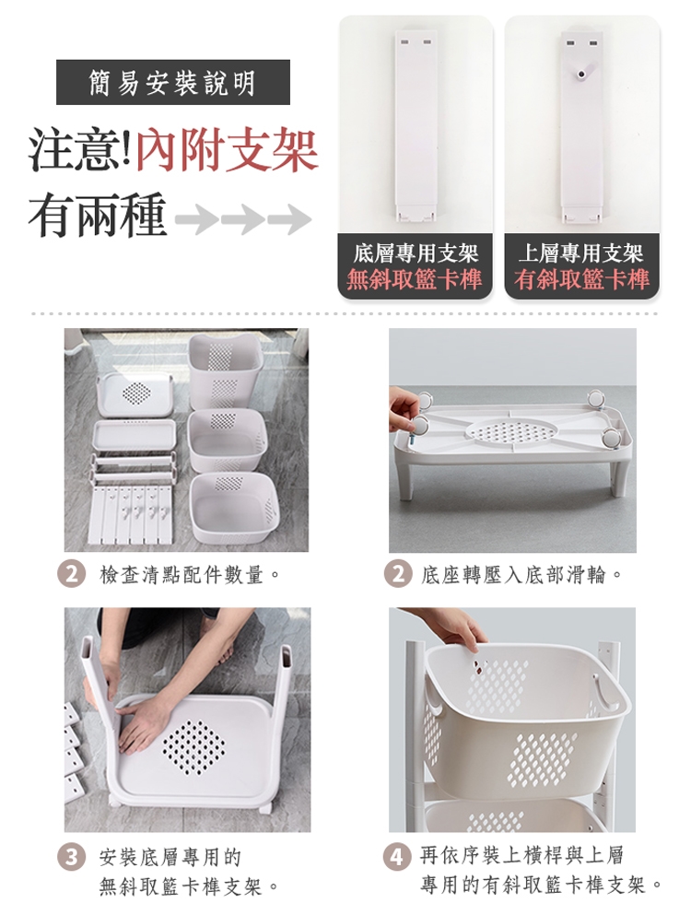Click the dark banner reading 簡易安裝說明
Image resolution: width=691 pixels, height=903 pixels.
click(x=173, y=82)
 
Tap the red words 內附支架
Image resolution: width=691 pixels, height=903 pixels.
click(x=227, y=151)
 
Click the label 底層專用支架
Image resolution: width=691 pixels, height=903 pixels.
click(x=416, y=252)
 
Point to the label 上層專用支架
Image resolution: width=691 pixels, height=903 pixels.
click(x=581, y=252)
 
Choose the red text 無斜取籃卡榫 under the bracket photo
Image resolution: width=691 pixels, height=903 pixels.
click(x=414, y=279)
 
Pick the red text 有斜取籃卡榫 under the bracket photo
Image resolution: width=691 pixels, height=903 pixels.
click(x=582, y=279)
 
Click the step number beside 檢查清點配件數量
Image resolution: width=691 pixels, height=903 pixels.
click(x=72, y=574)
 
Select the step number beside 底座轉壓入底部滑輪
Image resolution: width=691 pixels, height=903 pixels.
click(x=398, y=574)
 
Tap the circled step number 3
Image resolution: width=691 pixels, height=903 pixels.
click(x=72, y=858)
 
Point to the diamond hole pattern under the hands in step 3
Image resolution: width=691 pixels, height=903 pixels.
click(x=193, y=747)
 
